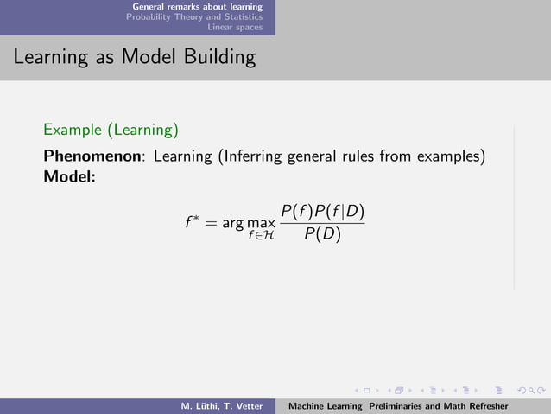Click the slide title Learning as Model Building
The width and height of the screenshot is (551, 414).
pyautogui.click(x=134, y=58)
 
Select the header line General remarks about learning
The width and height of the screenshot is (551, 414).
pyautogui.click(x=197, y=6)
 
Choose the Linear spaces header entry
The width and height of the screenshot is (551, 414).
pyautogui.click(x=241, y=27)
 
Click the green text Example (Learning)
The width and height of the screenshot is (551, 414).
pyautogui.click(x=111, y=131)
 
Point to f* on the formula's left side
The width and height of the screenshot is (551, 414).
pyautogui.click(x=193, y=223)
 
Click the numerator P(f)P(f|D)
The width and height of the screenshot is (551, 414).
pyautogui.click(x=322, y=212)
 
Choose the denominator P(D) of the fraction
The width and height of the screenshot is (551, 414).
pyautogui.click(x=322, y=234)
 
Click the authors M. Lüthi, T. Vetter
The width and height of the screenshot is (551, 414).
pyautogui.click(x=220, y=406)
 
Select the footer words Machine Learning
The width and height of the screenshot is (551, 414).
pyautogui.click(x=325, y=406)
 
